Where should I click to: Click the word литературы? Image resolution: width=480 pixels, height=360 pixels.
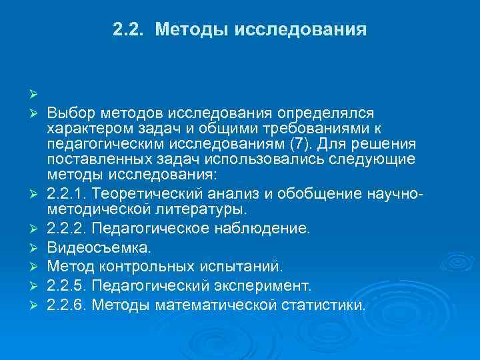pos(203,209)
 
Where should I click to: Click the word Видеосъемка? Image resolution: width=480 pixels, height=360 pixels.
pos(99,248)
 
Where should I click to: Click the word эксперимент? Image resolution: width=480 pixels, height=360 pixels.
pos(267,286)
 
